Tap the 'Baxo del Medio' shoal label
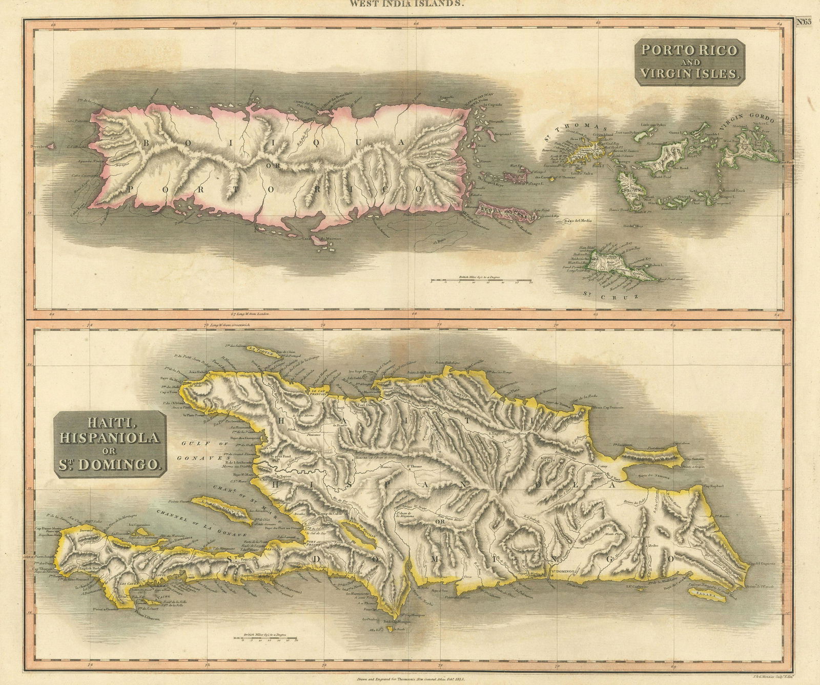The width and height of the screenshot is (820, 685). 578,221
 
